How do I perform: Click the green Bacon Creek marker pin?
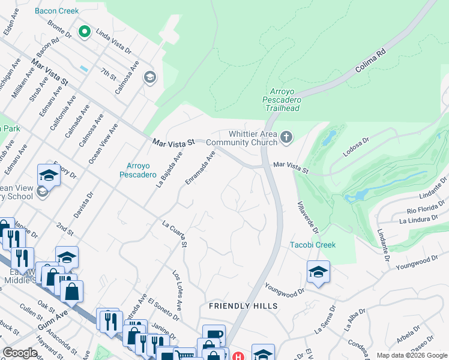(x=85, y=31)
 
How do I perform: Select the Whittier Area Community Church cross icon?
(x=286, y=138)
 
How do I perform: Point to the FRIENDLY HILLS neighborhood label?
(x=243, y=306)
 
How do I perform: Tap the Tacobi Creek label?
(x=313, y=245)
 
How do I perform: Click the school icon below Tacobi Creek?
(x=318, y=272)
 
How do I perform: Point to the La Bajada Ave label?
(x=169, y=170)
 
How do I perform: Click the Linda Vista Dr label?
(x=113, y=41)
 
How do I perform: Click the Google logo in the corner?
(x=20, y=353)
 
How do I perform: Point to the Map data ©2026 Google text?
(x=411, y=355)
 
